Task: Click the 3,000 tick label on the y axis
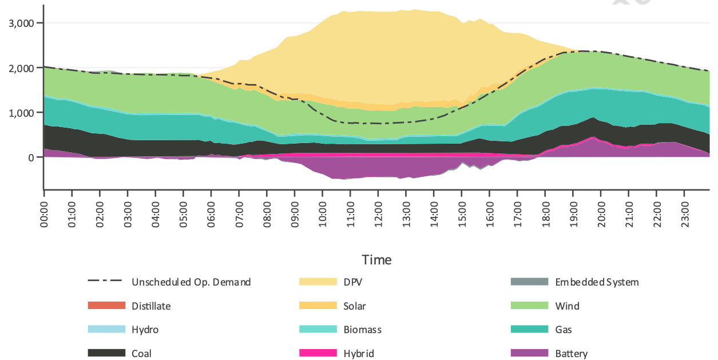[x=21, y=23]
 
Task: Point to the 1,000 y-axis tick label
[x=21, y=113]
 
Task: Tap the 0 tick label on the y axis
[x=31, y=157]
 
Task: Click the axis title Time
[x=377, y=260]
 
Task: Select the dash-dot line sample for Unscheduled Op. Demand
[x=106, y=282]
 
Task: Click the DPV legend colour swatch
[x=318, y=282]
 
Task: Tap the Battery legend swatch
[x=529, y=354]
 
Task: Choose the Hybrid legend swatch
[x=318, y=354]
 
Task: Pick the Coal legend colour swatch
[x=106, y=354]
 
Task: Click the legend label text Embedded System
[x=597, y=282]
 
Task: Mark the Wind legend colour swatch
[x=529, y=306]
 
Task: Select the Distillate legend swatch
[x=106, y=306]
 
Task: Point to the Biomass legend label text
[x=362, y=330]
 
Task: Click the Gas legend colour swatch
[x=529, y=330]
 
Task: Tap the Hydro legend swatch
[x=106, y=330]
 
